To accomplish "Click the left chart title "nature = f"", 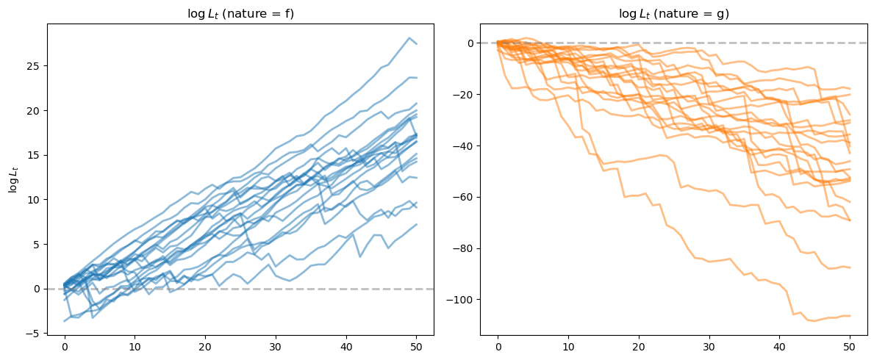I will (240, 13).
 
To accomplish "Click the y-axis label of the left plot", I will (13, 179).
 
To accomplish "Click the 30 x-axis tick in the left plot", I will (276, 346).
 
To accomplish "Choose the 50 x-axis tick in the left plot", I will (416, 346).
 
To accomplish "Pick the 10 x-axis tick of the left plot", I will (135, 346).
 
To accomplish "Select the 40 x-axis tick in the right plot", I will (778, 346).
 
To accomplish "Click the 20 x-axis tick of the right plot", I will (638, 346).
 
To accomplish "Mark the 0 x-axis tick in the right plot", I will (498, 346).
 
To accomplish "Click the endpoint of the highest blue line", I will (416, 44).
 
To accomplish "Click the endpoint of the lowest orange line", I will (849, 316).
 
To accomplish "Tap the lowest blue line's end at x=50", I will (416, 224).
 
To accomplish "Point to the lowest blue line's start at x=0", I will (65, 320).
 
